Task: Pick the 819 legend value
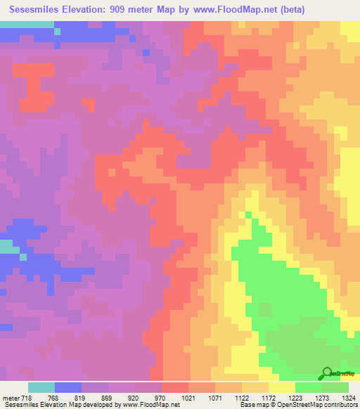click(82, 398)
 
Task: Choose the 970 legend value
click(161, 398)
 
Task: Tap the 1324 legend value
click(348, 398)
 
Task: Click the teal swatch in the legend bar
click(41, 387)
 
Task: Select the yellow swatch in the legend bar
click(281, 387)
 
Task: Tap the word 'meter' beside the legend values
click(11, 398)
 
